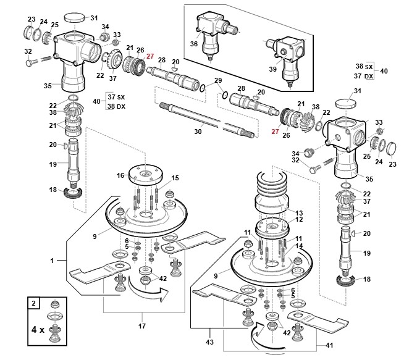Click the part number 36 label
pyautogui.click(x=194, y=44)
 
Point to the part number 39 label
pyautogui.click(x=272, y=69)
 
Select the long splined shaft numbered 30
pyautogui.click(x=207, y=119)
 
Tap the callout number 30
pyautogui.click(x=198, y=132)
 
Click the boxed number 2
pyautogui.click(x=33, y=303)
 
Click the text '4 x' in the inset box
pyautogui.click(x=38, y=329)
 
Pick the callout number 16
pyautogui.click(x=120, y=175)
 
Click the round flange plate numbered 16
pyautogui.click(x=146, y=174)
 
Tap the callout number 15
pyautogui.click(x=175, y=178)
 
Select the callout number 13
pyautogui.click(x=299, y=213)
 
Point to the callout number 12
pyautogui.click(x=299, y=220)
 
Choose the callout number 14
pyautogui.click(x=299, y=246)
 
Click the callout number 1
pyautogui.click(x=52, y=261)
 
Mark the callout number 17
pyautogui.click(x=142, y=326)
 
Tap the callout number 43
pyautogui.click(x=210, y=342)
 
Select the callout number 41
pyautogui.click(x=329, y=346)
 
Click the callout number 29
pyautogui.click(x=218, y=80)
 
